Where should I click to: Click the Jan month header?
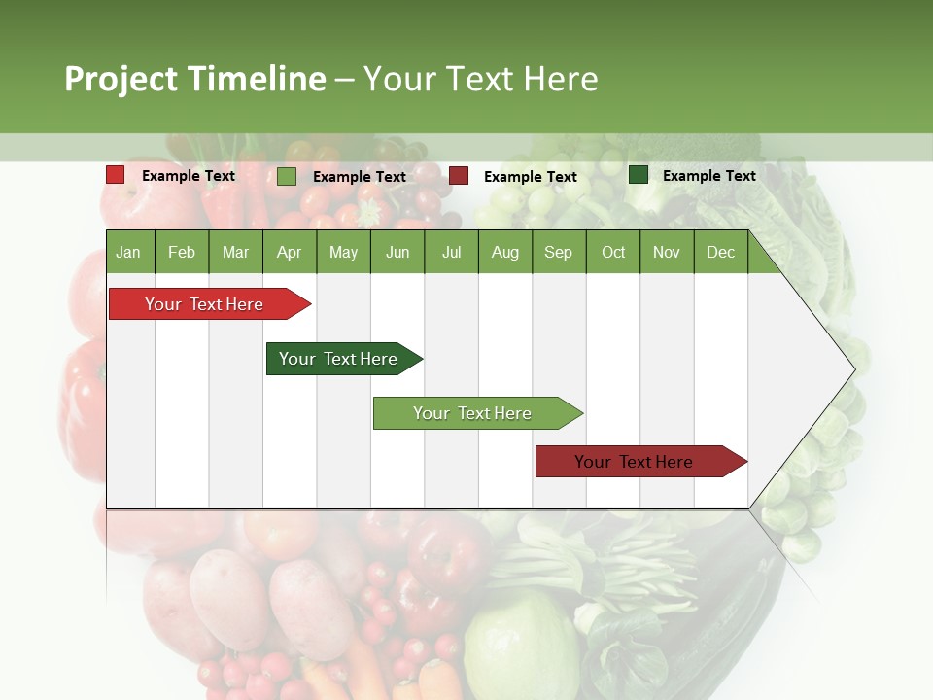(129, 252)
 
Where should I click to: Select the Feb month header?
(182, 252)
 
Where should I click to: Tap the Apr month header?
(289, 252)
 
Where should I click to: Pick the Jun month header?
(397, 252)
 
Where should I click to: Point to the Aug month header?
(504, 252)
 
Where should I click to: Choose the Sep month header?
(558, 252)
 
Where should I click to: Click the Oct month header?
(612, 252)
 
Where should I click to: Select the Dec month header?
(720, 252)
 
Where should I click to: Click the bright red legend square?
(116, 175)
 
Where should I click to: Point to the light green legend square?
(287, 176)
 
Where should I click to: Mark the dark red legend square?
(459, 176)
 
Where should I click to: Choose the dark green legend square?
(639, 175)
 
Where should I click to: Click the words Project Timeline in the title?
(194, 79)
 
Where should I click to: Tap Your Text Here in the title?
(480, 79)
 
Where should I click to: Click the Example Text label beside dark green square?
(708, 176)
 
